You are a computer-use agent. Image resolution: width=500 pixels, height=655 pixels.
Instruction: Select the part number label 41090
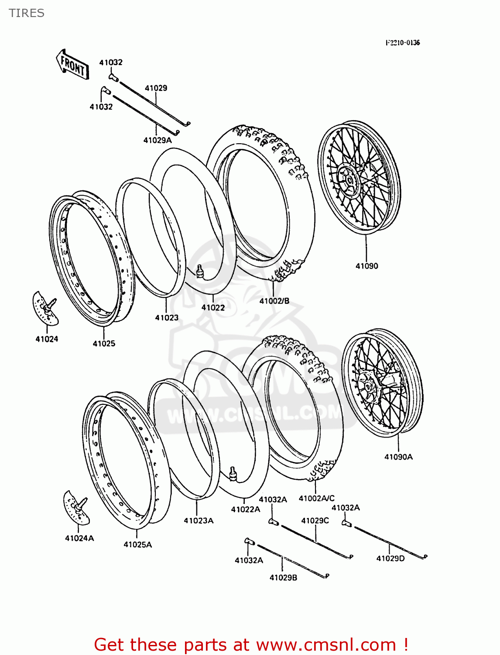coord(366,266)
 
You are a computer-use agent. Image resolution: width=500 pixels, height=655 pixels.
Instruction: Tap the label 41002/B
coord(274,301)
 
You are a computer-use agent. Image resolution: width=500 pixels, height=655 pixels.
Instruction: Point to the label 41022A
coord(245,509)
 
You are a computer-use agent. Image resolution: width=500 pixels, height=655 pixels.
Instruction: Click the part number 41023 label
coord(167,317)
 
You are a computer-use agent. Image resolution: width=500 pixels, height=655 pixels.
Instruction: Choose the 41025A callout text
coord(137,545)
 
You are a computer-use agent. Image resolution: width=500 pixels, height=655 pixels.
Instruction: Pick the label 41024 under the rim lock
coord(47,339)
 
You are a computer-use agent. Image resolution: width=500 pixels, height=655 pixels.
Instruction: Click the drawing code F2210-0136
coord(402,42)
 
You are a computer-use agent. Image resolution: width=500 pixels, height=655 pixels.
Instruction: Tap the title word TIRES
coord(27,13)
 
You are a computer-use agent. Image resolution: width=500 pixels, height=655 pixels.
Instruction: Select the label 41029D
coord(390,558)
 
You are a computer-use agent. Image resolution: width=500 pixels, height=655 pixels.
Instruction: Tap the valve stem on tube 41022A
coord(233,473)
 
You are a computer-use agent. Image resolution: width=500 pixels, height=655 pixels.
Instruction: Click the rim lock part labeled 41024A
coord(77,507)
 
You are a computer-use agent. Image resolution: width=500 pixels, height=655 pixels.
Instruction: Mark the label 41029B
coord(283,577)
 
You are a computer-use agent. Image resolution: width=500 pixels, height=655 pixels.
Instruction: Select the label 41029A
coord(157,140)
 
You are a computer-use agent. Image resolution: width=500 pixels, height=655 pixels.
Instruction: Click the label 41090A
coord(398,457)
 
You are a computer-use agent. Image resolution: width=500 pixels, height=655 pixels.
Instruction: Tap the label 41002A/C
coord(316,498)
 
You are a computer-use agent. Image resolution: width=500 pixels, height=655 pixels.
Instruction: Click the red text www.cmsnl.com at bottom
coord(326,645)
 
